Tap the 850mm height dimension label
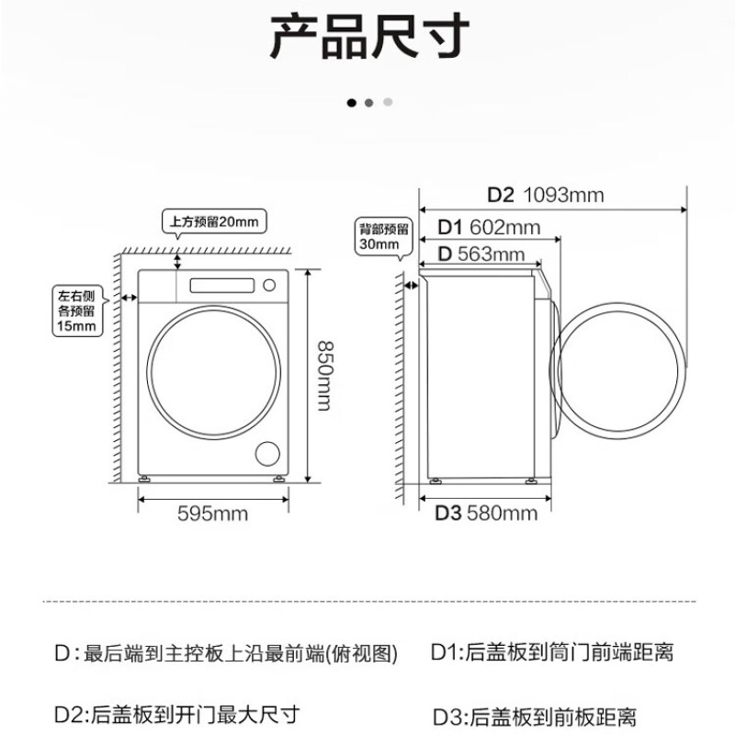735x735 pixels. tap(323, 375)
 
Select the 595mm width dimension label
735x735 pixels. tap(212, 513)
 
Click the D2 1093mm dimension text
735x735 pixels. tap(545, 195)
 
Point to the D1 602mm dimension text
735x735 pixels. tap(488, 226)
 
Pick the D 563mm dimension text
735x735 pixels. tap(481, 254)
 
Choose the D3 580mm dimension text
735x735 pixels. tap(485, 513)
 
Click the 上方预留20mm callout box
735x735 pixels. tap(213, 221)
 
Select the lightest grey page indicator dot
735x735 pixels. tap(388, 102)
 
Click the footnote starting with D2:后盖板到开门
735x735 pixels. tap(177, 714)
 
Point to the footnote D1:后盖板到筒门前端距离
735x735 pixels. tap(551, 653)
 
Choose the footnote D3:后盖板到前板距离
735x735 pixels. tap(533, 715)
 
